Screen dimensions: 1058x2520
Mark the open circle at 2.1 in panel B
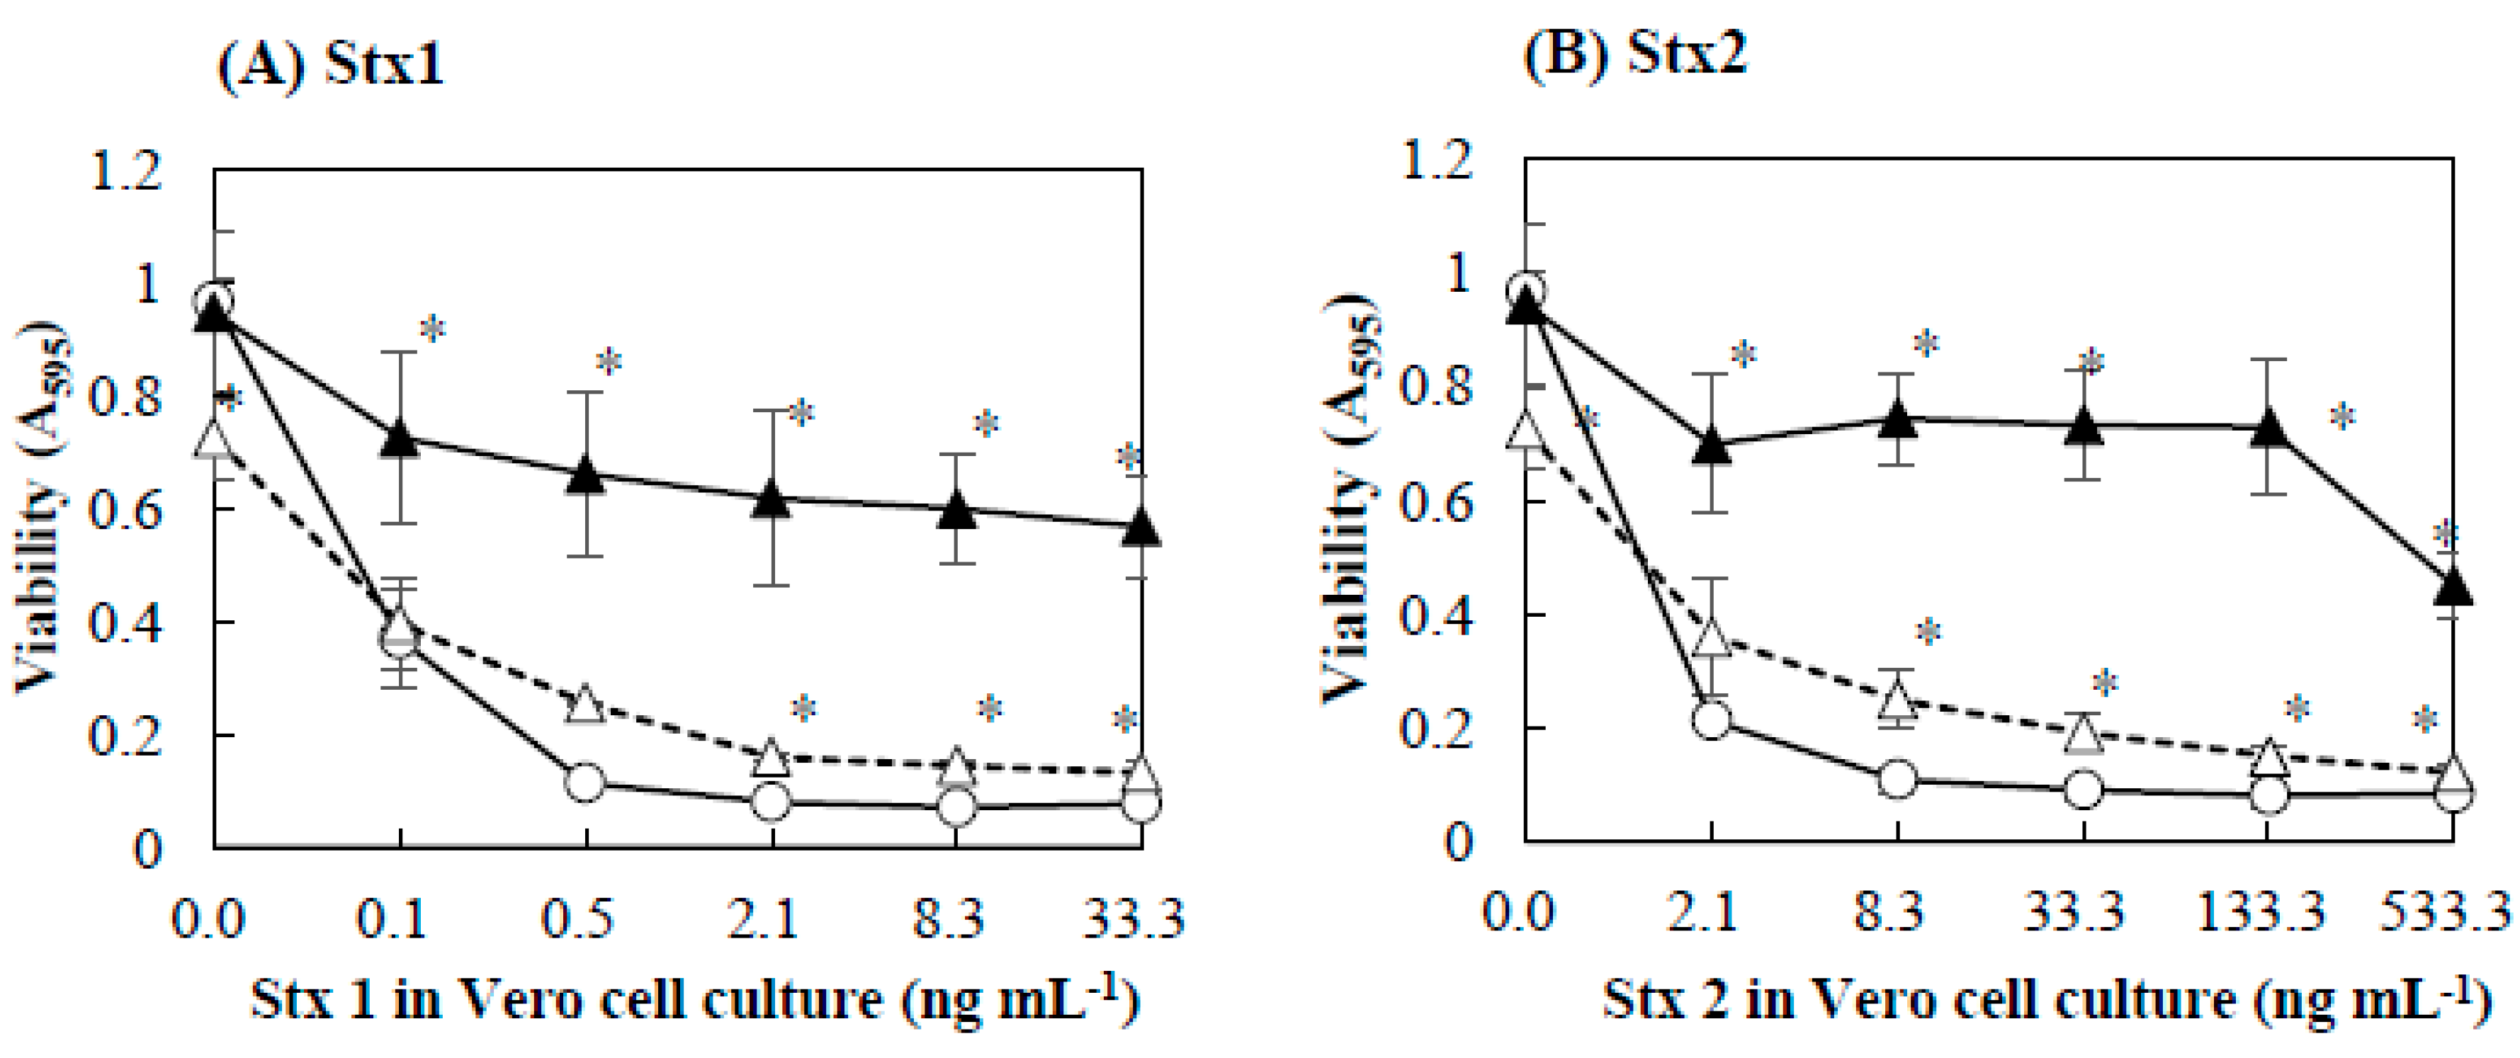click(1711, 719)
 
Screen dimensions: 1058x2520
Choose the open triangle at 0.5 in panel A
click(585, 704)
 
